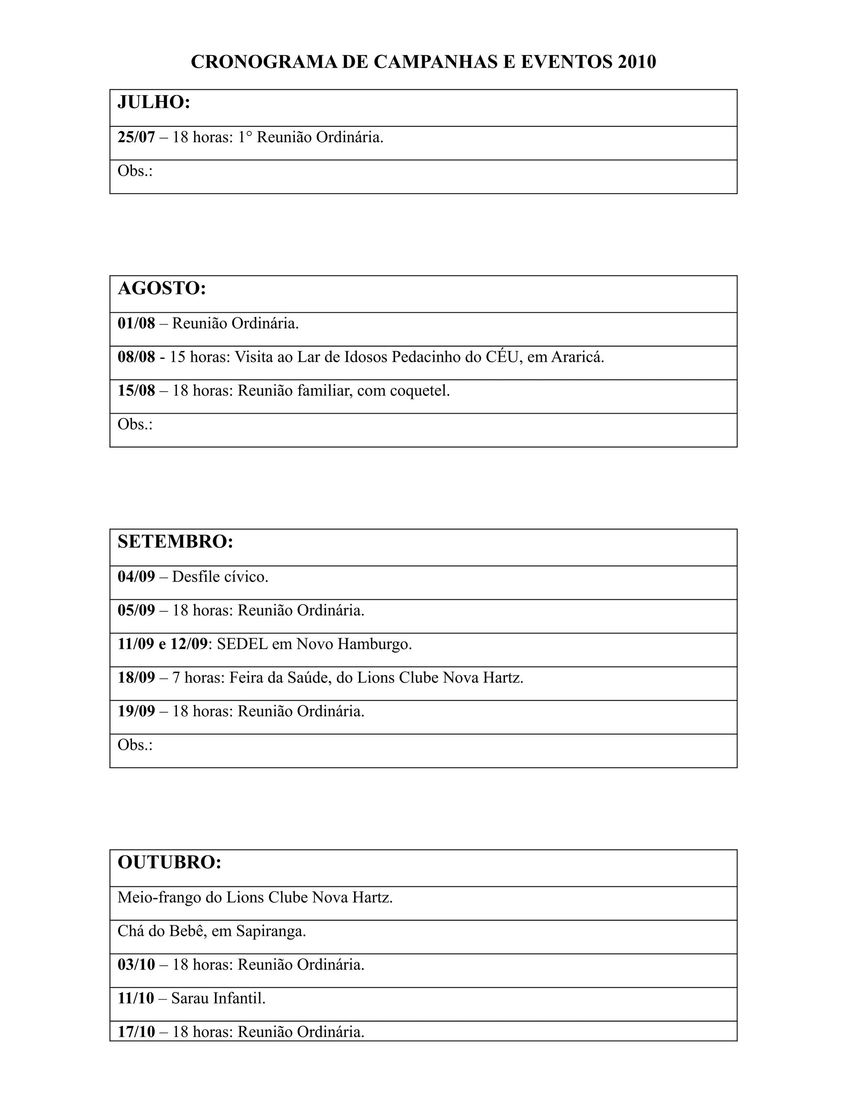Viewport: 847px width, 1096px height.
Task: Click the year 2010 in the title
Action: [x=637, y=62]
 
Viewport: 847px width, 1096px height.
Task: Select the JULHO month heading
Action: [x=153, y=103]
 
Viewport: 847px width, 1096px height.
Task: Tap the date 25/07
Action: [x=136, y=137]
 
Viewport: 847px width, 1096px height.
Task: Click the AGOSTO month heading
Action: [x=162, y=289]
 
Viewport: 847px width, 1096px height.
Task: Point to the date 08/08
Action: [x=136, y=357]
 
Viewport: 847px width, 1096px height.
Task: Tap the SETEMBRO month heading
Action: [x=175, y=542]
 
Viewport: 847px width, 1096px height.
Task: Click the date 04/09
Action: [x=136, y=577]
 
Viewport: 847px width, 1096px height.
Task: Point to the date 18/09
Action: [x=136, y=677]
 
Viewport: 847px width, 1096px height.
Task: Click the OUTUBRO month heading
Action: [x=169, y=862]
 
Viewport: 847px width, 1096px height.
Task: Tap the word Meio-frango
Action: [x=159, y=897]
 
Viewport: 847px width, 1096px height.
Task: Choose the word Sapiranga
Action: [x=271, y=931]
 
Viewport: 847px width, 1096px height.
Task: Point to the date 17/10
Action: [x=136, y=1032]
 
